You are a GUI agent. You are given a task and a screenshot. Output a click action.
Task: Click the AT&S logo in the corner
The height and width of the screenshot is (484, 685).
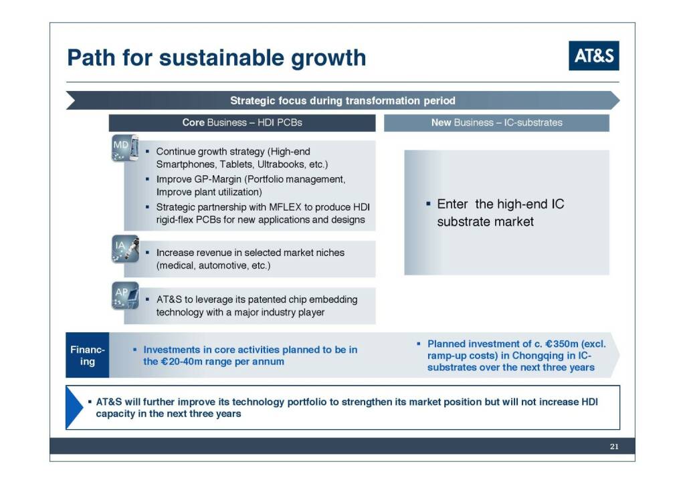click(594, 55)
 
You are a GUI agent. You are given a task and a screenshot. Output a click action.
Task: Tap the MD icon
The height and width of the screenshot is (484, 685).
click(125, 148)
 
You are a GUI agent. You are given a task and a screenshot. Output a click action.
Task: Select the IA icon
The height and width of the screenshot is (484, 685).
click(125, 249)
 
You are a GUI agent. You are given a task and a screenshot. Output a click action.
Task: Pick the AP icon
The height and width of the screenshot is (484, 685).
click(125, 295)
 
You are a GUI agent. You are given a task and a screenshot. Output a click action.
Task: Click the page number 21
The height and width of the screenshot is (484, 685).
click(614, 447)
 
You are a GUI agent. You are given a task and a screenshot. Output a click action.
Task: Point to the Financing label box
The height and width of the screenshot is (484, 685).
click(88, 355)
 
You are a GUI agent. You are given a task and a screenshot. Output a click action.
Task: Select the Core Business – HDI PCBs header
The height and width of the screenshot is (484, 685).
click(242, 122)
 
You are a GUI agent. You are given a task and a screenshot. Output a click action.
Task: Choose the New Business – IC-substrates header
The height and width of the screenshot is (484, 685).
click(497, 122)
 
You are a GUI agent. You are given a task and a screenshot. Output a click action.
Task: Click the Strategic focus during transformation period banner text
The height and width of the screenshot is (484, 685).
click(342, 100)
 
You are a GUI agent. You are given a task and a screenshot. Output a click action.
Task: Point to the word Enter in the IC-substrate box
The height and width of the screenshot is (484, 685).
click(452, 204)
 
